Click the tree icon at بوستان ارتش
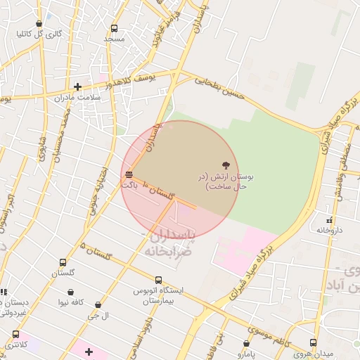tap(225, 164)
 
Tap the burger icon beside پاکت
tap(129, 174)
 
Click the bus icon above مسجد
tap(115, 29)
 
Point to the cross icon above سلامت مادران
tap(77, 86)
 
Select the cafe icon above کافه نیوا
tap(71, 292)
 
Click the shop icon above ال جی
tap(98, 305)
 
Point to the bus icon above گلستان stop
tap(63, 262)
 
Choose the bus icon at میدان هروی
tap(313, 342)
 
